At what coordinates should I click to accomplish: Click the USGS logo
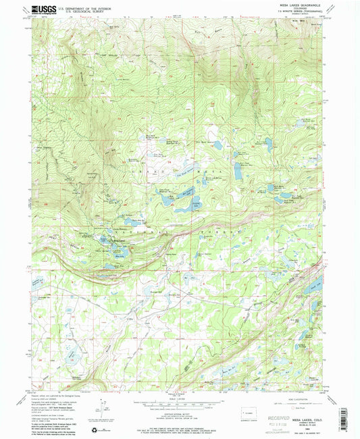pyautogui.click(x=42, y=9)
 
